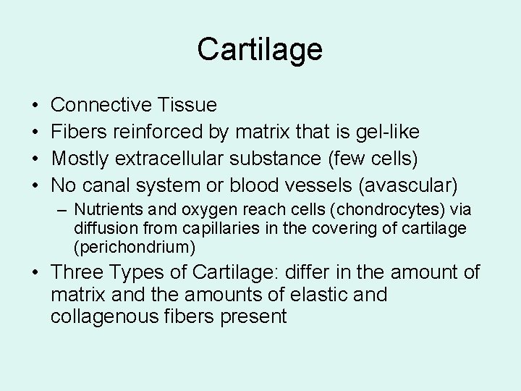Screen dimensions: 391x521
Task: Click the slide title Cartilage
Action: coord(260,50)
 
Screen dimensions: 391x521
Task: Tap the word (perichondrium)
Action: coord(135,247)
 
